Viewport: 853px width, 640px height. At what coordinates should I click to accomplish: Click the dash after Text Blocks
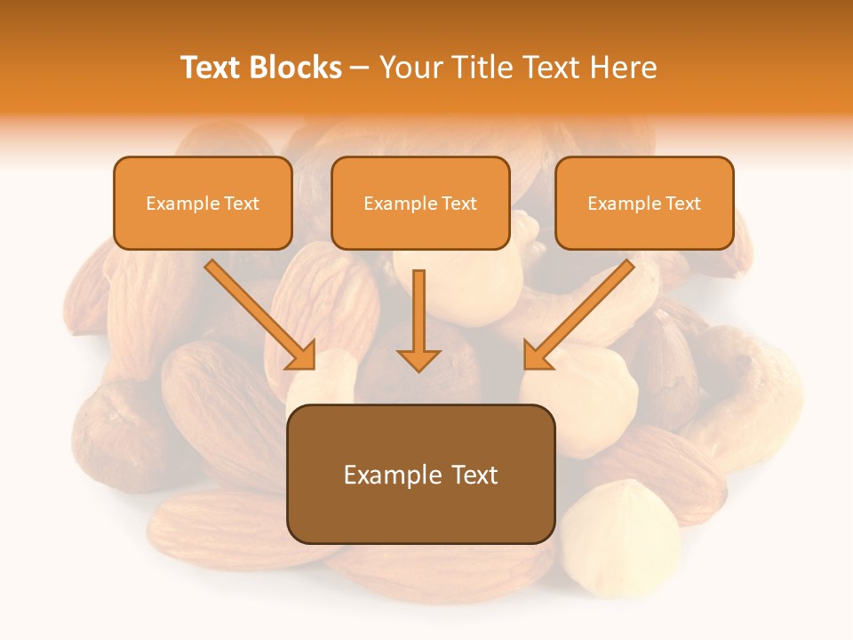pos(360,68)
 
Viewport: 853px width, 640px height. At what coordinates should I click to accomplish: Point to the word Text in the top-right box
pos(683,204)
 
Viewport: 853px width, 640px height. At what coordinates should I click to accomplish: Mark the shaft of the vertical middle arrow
pos(419,307)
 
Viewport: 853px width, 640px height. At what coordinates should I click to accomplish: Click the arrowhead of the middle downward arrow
pos(419,359)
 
